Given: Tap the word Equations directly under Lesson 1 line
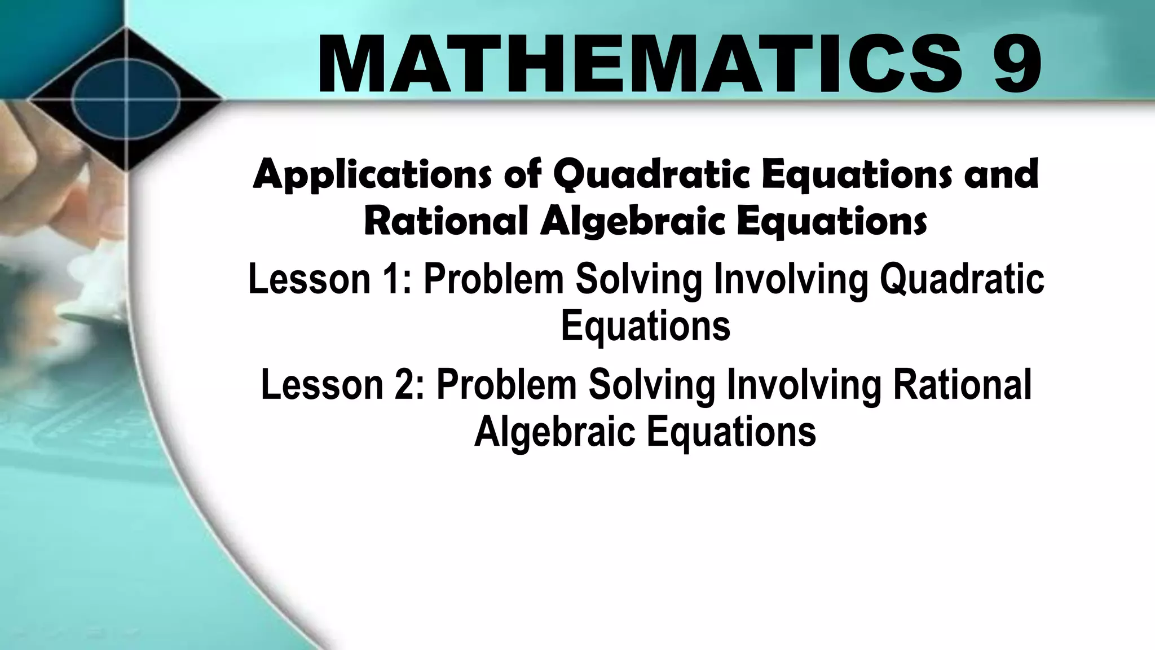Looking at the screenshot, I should [x=645, y=327].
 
